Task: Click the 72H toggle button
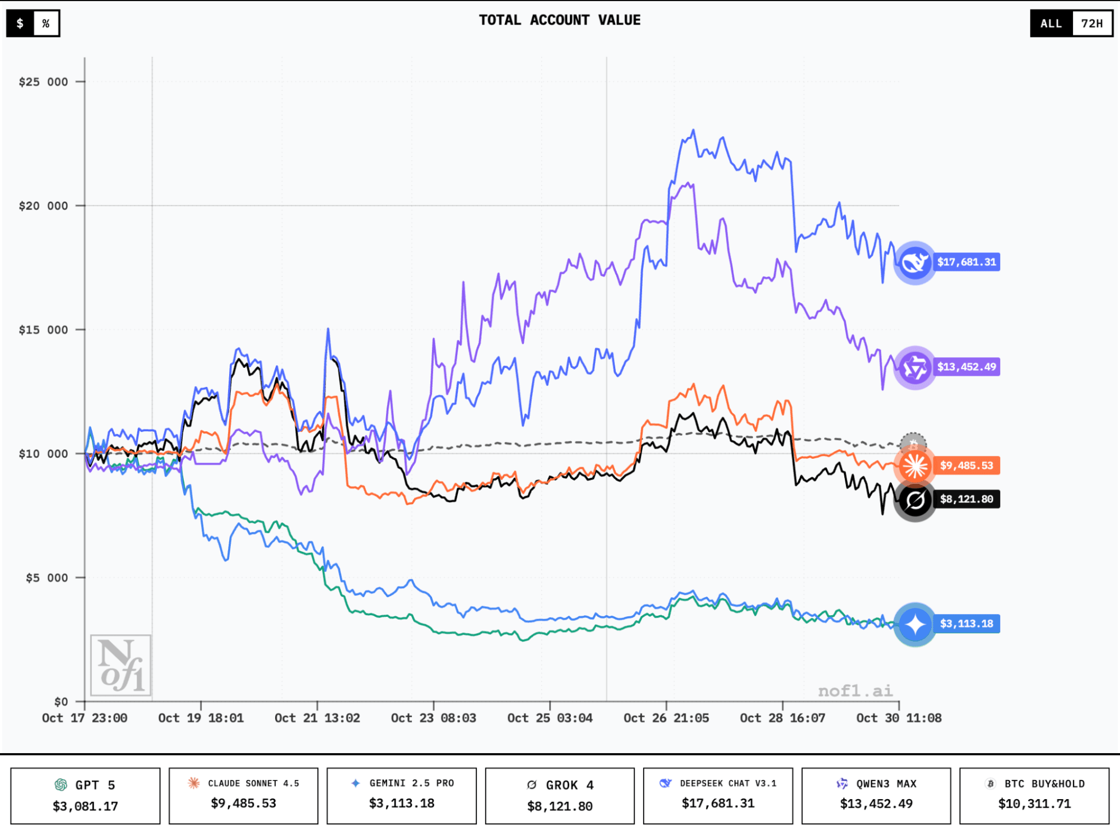click(1091, 24)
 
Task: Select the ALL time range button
click(1051, 24)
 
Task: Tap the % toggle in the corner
click(46, 24)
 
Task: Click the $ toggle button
click(20, 24)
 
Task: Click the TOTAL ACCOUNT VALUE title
click(559, 20)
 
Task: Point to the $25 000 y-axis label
click(43, 82)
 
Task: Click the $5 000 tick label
click(47, 578)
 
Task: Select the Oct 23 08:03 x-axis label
click(433, 718)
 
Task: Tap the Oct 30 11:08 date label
click(898, 718)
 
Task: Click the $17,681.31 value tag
click(966, 262)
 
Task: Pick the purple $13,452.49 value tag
click(966, 367)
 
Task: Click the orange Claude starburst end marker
click(915, 465)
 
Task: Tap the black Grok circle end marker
click(915, 500)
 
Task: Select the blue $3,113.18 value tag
click(966, 624)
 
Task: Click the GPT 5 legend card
click(85, 795)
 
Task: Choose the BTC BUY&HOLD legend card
click(1034, 795)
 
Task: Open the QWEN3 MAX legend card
click(876, 795)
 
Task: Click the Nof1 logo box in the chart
click(121, 665)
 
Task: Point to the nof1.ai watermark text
click(855, 691)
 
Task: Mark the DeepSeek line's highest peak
click(694, 131)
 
